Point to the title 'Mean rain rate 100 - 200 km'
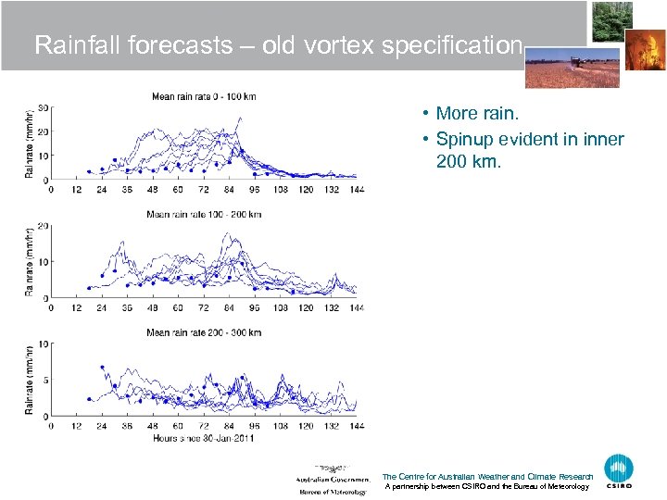tap(204, 215)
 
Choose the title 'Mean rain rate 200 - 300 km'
tap(204, 332)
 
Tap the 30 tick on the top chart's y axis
tap(43, 107)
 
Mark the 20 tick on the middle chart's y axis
tap(43, 226)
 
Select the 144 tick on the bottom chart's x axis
tap(356, 427)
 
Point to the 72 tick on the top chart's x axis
tap(203, 190)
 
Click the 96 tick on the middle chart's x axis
tap(254, 308)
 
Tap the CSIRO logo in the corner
tap(619, 471)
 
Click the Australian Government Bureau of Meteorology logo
tap(333, 479)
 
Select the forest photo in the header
tap(612, 21)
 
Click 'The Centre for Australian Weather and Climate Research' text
tap(486, 477)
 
